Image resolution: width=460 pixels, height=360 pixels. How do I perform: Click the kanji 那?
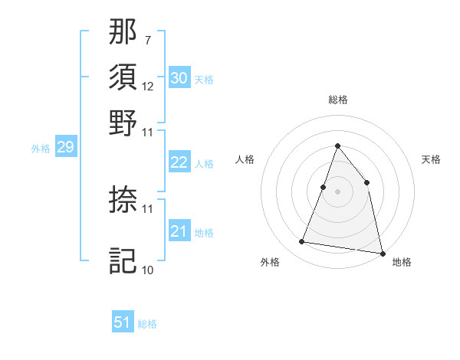pyautogui.click(x=123, y=34)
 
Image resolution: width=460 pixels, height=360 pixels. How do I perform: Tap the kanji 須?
pyautogui.click(x=123, y=78)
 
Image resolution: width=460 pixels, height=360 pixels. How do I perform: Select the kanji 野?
pyautogui.click(x=123, y=123)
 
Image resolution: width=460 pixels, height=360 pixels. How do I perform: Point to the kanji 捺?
pyautogui.click(x=123, y=200)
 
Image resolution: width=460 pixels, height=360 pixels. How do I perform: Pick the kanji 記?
pyautogui.click(x=123, y=261)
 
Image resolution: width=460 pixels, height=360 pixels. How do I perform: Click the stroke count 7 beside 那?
pyautogui.click(x=147, y=40)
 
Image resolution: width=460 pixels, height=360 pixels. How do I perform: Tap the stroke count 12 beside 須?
pyautogui.click(x=148, y=86)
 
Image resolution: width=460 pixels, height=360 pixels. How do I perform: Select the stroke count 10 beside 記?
pyautogui.click(x=148, y=270)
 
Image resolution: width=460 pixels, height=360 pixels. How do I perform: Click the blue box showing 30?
pyautogui.click(x=179, y=77)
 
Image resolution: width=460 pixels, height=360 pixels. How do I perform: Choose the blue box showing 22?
pyautogui.click(x=179, y=162)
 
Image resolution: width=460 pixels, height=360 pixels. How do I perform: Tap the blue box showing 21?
pyautogui.click(x=179, y=231)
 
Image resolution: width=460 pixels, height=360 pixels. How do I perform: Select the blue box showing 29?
pyautogui.click(x=65, y=147)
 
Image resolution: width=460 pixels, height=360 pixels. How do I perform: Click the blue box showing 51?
pyautogui.click(x=123, y=322)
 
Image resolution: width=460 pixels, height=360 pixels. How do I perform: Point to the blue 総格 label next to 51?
pyautogui.click(x=147, y=324)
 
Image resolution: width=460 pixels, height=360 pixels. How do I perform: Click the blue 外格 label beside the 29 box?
pyautogui.click(x=41, y=149)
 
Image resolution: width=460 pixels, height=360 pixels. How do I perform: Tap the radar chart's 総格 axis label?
pyautogui.click(x=337, y=100)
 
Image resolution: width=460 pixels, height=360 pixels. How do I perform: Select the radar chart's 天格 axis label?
pyautogui.click(x=431, y=159)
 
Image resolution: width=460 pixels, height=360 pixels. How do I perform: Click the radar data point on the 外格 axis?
pyautogui.click(x=302, y=242)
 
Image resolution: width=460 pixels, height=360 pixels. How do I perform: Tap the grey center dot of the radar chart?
pyautogui.click(x=337, y=191)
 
